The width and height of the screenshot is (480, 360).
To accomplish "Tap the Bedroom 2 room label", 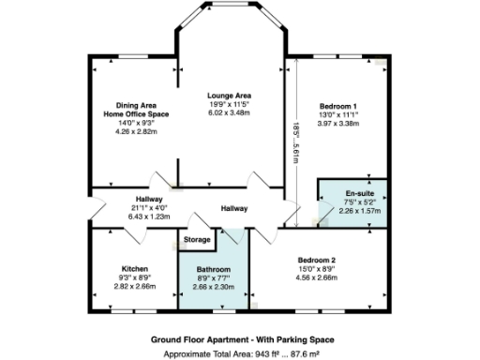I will pyautogui.click(x=317, y=258).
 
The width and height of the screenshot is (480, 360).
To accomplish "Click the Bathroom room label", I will pyautogui.click(x=214, y=270).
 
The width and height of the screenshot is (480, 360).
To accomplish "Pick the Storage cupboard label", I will pyautogui.click(x=197, y=240).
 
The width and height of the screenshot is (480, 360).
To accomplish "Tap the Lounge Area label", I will pyautogui.click(x=230, y=96).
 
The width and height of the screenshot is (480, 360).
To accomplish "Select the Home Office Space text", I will pyautogui.click(x=136, y=112).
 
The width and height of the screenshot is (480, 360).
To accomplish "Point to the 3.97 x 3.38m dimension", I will pyautogui.click(x=337, y=123).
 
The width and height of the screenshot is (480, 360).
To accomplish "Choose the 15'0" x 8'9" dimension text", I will pyautogui.click(x=317, y=267).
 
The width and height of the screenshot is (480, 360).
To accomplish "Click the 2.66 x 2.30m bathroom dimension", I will pyautogui.click(x=214, y=288).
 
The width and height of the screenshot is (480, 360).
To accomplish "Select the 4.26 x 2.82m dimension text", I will pyautogui.click(x=136, y=131).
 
